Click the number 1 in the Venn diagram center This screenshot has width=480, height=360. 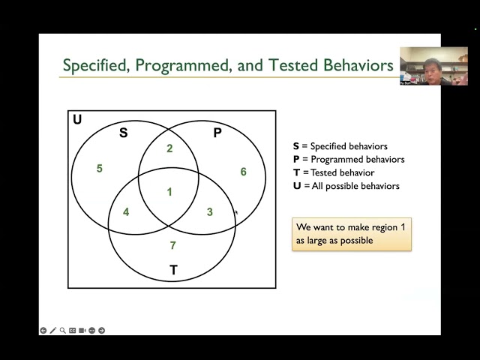pos(169,192)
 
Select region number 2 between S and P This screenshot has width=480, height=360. pos(169,148)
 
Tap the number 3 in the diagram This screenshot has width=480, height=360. pos(209,212)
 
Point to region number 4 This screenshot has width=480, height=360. pos(126,212)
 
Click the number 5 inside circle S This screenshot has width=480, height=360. pos(99,169)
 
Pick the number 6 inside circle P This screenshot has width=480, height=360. pos(243,172)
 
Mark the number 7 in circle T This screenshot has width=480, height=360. pos(172,245)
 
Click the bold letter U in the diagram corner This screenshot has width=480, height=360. pos(77,120)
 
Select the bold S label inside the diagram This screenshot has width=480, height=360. pos(124,133)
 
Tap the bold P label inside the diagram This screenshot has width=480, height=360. pos(217,133)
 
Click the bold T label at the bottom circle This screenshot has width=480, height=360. pos(173,270)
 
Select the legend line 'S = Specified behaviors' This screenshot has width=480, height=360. pos(340,146)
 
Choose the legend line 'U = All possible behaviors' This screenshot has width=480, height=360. pos(346,186)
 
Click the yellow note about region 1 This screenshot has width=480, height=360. pos(352,234)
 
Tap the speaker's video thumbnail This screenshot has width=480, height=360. pos(433,66)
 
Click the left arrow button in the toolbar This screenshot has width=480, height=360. pos(43,330)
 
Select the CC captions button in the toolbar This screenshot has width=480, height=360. pos(73,330)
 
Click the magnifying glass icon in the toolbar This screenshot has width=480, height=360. pos(62,330)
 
